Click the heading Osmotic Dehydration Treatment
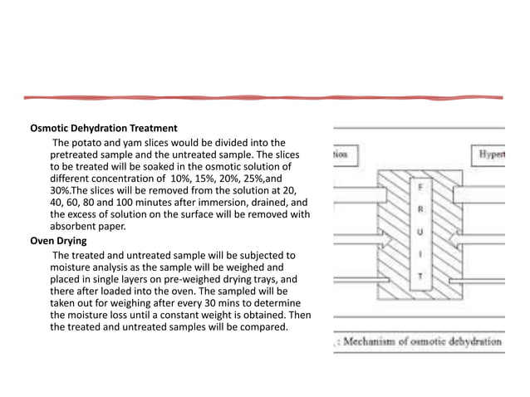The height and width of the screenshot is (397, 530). tap(104, 129)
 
